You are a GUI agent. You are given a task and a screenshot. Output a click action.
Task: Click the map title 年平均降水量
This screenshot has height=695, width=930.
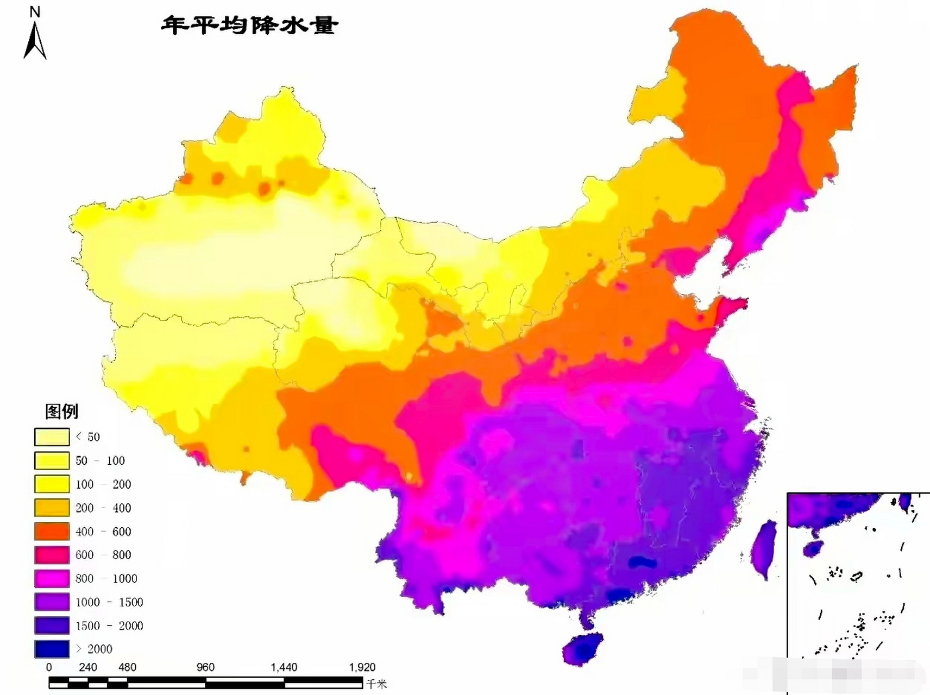click(250, 25)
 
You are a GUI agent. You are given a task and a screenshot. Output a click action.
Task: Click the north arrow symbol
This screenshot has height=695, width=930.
click(35, 41)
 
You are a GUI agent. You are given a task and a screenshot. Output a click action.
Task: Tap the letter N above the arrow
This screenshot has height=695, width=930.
click(35, 11)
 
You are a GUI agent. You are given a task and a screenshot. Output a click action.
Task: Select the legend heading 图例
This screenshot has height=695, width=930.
click(61, 412)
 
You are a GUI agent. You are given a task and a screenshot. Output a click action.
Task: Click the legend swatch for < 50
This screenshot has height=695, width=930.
click(52, 437)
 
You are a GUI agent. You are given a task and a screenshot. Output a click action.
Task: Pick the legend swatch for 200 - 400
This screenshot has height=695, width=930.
click(52, 508)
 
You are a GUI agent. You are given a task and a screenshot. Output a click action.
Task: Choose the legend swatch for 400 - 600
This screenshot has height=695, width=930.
click(52, 532)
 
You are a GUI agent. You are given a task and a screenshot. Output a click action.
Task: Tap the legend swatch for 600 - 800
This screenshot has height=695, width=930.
click(52, 555)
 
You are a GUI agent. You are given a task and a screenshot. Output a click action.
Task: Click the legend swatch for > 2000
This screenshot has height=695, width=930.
click(52, 649)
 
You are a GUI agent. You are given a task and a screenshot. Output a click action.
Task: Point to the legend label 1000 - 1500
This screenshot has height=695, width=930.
click(109, 602)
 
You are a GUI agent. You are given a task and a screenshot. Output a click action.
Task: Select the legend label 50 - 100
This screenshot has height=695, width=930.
click(100, 460)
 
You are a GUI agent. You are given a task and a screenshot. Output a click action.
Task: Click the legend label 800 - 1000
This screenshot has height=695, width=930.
click(106, 578)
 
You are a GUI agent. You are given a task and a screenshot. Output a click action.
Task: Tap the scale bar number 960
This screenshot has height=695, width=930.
click(205, 667)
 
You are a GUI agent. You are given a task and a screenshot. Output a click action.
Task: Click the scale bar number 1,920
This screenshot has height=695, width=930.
click(362, 667)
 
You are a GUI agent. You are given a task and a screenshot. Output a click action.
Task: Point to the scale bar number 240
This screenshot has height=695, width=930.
click(88, 667)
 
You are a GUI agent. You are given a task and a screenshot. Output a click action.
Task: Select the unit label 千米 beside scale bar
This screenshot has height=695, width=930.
click(376, 684)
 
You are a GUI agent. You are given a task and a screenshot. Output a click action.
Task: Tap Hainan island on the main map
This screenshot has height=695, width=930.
click(583, 648)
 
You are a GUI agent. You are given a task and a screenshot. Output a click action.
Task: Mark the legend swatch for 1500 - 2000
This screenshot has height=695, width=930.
click(52, 625)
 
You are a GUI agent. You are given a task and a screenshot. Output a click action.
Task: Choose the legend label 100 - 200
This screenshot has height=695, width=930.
click(103, 484)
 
